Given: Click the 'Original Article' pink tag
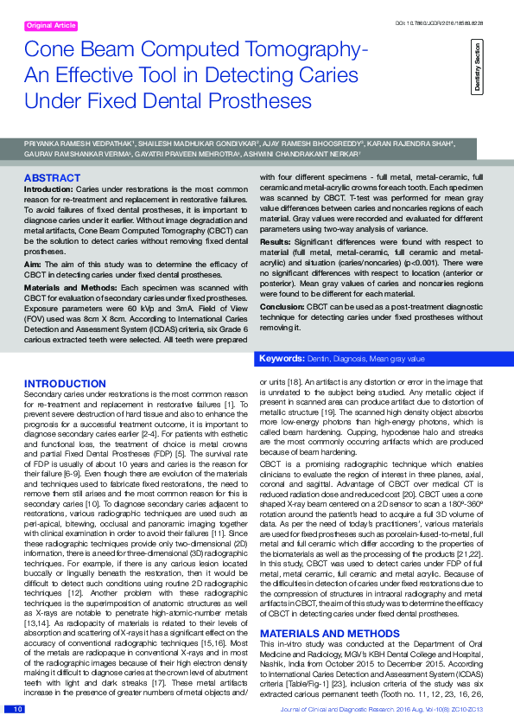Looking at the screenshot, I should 52,26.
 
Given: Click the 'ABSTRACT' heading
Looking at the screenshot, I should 52,178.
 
